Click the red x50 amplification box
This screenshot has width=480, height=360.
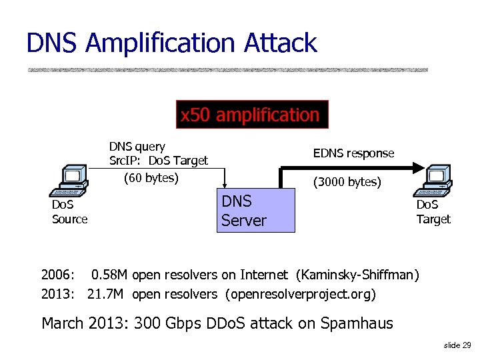tap(251, 115)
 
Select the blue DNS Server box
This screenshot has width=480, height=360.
tap(257, 210)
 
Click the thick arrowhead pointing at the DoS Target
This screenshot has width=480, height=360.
tap(418, 167)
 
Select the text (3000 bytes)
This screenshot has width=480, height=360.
tap(347, 181)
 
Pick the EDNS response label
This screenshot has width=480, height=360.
tap(353, 153)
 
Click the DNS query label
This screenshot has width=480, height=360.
tap(137, 147)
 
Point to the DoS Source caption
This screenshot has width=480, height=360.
tap(69, 212)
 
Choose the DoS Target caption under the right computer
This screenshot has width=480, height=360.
tap(433, 212)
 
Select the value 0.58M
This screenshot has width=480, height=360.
tap(110, 274)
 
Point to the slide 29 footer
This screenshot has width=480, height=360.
tap(457, 345)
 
